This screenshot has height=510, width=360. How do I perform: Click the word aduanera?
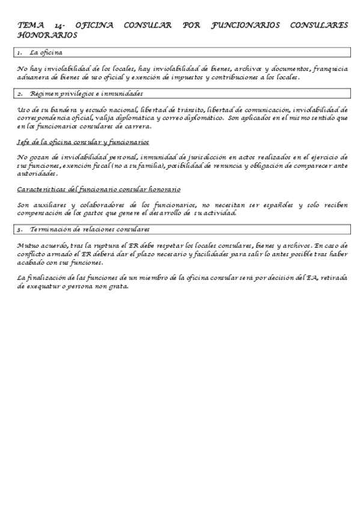tap(34, 77)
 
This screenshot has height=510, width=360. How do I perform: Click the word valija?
tap(127, 118)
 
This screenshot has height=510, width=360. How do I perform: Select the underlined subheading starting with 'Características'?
tap(99, 189)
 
